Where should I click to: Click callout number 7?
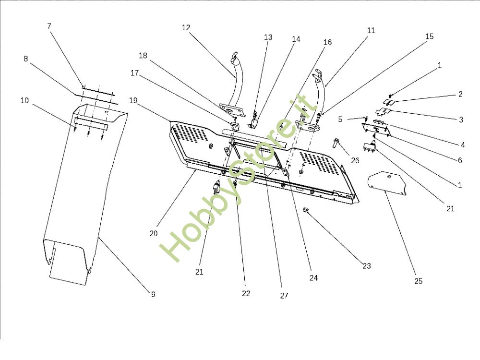click(49, 26)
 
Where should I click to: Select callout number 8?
click(26, 59)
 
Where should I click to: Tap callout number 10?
click(24, 100)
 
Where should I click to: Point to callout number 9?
click(153, 294)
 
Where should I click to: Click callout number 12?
click(186, 27)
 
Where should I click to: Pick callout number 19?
click(133, 100)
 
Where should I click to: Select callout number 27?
click(284, 295)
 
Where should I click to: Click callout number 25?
click(418, 281)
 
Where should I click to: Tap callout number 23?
click(366, 266)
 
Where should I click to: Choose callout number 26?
click(355, 160)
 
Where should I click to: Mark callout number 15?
click(430, 36)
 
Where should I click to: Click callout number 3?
click(461, 120)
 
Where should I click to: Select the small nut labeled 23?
click(305, 210)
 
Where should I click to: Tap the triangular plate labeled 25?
click(386, 183)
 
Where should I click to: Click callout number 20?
click(154, 234)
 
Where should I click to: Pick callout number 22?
click(246, 293)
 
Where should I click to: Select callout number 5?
click(340, 119)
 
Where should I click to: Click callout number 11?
click(371, 30)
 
